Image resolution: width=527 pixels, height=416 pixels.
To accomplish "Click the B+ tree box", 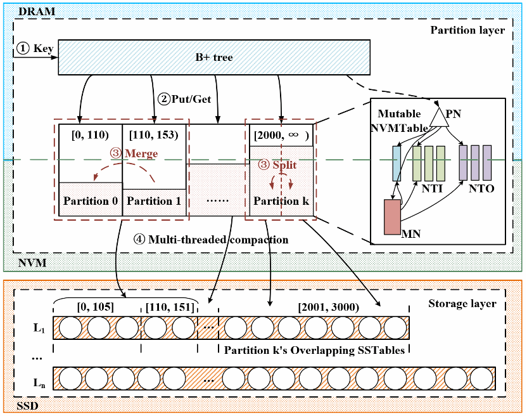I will pos(214,57).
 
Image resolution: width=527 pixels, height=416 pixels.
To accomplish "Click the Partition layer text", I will pos(467,30).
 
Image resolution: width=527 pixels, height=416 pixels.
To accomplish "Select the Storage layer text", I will pos(471,304).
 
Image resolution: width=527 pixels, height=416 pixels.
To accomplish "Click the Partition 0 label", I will pos(89,201).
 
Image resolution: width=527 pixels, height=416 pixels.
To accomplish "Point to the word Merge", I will pos(141,153).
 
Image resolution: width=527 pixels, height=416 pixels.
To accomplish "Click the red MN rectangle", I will pos(392,217).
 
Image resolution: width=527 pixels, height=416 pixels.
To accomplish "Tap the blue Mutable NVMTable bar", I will pos(397,163).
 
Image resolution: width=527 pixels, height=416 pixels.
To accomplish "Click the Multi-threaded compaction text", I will pos(218,240).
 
